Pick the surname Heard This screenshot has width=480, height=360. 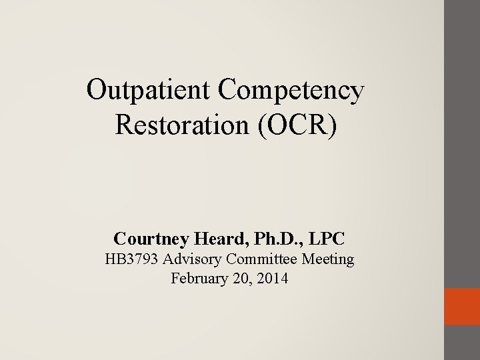click(x=214, y=237)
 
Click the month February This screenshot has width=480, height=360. click(x=198, y=279)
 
